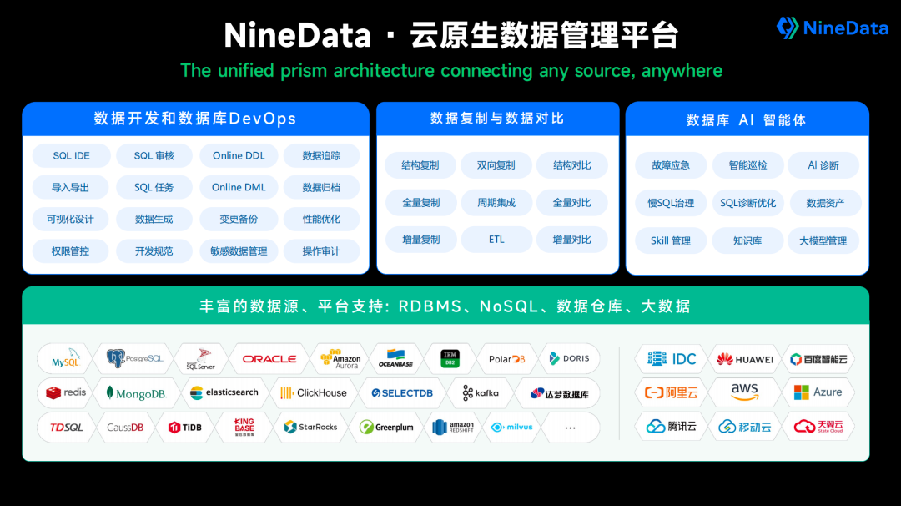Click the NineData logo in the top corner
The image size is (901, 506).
coord(832,28)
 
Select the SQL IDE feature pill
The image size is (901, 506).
coord(71,156)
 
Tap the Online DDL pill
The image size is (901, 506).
coord(239,156)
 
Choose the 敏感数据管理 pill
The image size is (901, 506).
coord(239,251)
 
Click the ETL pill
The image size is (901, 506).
coord(497,240)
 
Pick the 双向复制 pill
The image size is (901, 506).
coord(496,165)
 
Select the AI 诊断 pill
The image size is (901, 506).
coord(823,165)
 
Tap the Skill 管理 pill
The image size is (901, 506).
coord(671,241)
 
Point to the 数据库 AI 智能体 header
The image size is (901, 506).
coord(747,120)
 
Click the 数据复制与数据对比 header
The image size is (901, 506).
coord(497,119)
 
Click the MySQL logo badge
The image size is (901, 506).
coord(65,359)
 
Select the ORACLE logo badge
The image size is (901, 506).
coord(269,359)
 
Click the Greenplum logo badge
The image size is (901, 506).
coord(386,428)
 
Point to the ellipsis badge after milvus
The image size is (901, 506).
coord(570,428)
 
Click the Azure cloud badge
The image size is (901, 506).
coord(818,392)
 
